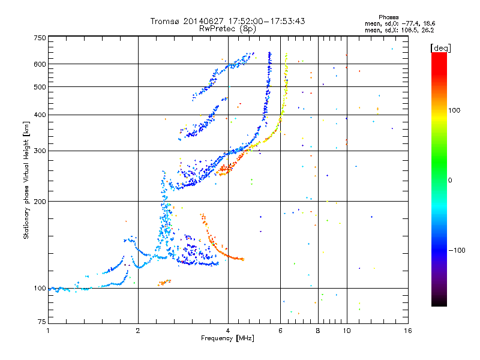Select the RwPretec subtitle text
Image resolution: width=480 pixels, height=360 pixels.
217,29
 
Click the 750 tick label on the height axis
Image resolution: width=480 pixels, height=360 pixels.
40,38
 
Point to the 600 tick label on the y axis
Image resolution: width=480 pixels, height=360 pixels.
40,64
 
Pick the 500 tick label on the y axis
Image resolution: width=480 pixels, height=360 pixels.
40,87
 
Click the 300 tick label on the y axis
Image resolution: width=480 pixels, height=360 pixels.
40,151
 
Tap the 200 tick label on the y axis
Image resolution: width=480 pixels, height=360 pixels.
40,202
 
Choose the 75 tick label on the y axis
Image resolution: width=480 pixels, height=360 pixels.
42,322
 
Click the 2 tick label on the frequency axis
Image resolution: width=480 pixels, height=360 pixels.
138,331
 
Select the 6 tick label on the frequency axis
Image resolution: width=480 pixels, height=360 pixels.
280,331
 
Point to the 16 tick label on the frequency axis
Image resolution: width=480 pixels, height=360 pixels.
408,331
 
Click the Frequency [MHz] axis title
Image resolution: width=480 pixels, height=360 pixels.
227,338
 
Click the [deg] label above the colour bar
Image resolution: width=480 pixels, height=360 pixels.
440,48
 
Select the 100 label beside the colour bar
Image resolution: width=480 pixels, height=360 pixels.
454,110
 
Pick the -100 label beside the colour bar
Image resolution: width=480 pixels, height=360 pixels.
457,250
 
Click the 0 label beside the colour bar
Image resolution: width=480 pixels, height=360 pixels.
450,181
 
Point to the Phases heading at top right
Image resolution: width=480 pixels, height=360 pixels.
389,17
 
